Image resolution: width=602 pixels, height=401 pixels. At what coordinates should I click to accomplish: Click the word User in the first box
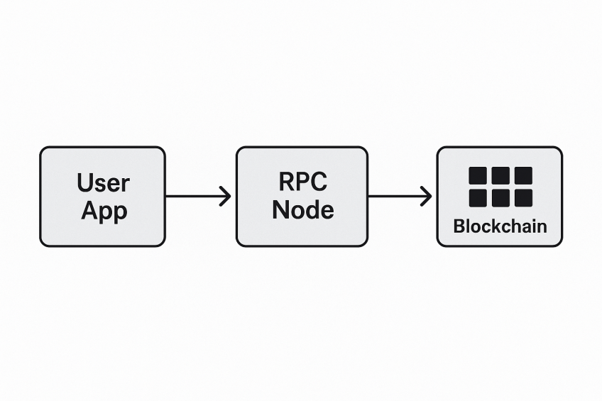click(x=103, y=183)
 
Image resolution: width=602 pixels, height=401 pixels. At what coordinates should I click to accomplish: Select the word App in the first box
click(x=103, y=210)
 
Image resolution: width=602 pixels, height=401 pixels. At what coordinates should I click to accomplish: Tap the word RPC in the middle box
click(x=302, y=182)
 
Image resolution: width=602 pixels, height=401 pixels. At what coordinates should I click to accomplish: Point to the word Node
click(x=302, y=209)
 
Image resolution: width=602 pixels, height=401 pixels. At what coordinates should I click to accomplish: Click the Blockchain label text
click(x=500, y=226)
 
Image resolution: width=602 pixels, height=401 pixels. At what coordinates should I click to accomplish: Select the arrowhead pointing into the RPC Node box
click(x=226, y=197)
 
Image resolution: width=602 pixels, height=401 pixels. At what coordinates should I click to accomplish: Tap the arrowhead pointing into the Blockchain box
click(x=426, y=197)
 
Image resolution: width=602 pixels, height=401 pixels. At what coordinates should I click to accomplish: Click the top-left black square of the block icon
click(x=478, y=175)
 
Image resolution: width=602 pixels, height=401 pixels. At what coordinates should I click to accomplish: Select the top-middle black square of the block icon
click(x=500, y=175)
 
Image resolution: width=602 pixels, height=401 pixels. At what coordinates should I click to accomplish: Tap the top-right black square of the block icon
click(x=523, y=175)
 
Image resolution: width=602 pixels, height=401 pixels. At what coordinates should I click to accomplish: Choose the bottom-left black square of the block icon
click(x=478, y=197)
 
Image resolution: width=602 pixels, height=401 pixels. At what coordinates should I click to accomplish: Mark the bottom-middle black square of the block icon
click(x=500, y=197)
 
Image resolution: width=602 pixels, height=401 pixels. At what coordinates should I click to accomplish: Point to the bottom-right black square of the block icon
click(x=523, y=197)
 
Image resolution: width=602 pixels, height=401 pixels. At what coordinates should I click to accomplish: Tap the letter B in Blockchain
click(x=459, y=226)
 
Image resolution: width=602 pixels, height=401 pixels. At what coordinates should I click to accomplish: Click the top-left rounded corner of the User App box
click(x=43, y=150)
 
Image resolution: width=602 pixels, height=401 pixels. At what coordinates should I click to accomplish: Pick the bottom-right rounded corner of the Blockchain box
click(x=559, y=243)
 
